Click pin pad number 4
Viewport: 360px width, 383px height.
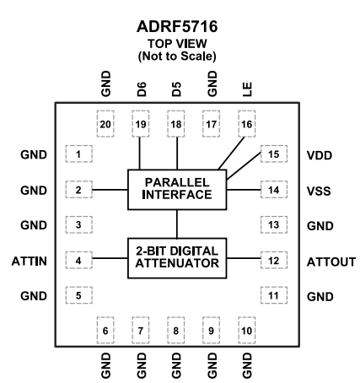(x=78, y=262)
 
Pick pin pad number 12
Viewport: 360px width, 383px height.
(x=273, y=262)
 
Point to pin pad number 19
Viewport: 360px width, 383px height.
(x=140, y=124)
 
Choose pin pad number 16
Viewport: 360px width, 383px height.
(x=246, y=124)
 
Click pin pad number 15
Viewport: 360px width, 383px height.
(x=273, y=155)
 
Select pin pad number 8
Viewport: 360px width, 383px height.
(x=175, y=332)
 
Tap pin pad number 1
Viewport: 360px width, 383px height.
(x=78, y=155)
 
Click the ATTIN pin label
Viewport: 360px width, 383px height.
(x=30, y=262)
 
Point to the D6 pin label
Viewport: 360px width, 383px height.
(x=140, y=88)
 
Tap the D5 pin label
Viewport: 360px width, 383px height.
(x=175, y=88)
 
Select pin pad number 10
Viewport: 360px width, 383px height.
(x=246, y=332)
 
